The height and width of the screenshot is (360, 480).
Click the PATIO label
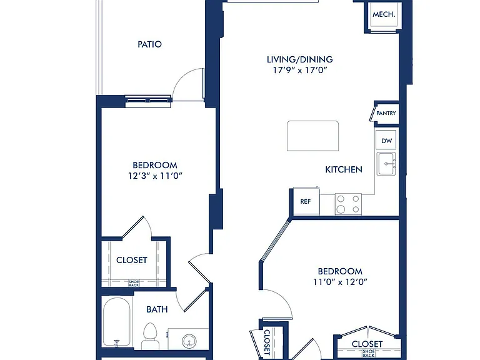point(150,44)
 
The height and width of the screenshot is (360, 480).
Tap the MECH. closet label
point(384,14)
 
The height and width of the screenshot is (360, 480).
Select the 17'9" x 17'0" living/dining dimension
point(300,71)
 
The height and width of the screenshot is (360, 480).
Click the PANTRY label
point(386,113)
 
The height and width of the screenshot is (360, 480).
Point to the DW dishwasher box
point(386,140)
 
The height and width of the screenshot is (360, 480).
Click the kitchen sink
point(386,164)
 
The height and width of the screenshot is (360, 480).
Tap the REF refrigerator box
point(306,201)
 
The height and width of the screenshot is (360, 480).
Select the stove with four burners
point(348,204)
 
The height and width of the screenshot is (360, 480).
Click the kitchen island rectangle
point(313,136)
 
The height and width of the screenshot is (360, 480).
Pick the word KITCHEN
point(344,169)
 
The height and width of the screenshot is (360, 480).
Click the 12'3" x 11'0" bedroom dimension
point(155,176)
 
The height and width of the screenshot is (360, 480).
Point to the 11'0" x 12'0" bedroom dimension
point(340,282)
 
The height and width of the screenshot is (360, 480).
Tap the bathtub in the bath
point(116,322)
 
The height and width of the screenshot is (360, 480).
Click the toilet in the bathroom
point(150,336)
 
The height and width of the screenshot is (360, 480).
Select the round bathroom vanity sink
point(189,341)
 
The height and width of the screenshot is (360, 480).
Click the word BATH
point(157,309)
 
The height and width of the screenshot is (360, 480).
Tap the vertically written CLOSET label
point(267,342)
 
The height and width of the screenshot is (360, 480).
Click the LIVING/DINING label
point(300,59)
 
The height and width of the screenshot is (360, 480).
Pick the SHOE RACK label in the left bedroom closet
point(134,284)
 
